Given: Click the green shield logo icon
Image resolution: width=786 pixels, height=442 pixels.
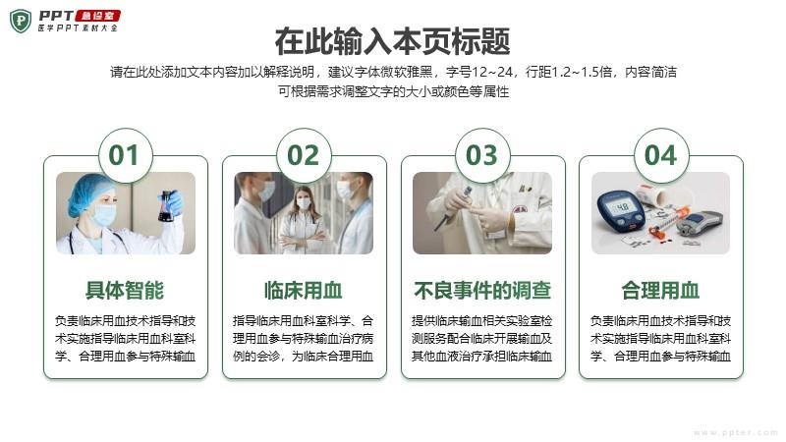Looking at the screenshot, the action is (x=21, y=21).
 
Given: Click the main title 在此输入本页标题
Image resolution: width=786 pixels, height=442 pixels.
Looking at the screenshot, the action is (x=392, y=41).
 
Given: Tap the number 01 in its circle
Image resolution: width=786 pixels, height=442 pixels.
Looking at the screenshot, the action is (x=124, y=155).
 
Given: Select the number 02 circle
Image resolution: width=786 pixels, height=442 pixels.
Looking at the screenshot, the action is (x=304, y=155).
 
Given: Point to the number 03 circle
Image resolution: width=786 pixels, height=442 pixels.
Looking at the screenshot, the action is (x=482, y=155).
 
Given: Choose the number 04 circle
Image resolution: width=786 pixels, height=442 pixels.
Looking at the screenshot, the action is (x=661, y=155).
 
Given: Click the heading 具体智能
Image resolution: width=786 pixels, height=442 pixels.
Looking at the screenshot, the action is (x=125, y=290).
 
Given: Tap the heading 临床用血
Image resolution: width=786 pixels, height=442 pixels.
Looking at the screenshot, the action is (x=304, y=290).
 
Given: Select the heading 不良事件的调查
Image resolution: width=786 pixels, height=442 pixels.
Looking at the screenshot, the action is (x=482, y=290).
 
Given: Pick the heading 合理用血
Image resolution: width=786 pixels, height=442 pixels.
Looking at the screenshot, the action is (x=660, y=290).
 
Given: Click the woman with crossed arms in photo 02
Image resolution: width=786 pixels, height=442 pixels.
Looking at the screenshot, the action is (x=303, y=219).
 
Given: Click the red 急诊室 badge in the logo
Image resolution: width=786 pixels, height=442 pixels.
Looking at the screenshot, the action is (x=97, y=16).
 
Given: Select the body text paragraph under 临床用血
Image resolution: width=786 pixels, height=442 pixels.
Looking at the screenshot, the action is (x=304, y=338).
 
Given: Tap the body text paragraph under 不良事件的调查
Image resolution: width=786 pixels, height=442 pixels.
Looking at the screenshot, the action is (x=482, y=338).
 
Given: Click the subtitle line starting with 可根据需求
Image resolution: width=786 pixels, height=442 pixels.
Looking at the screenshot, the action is (x=394, y=91).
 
